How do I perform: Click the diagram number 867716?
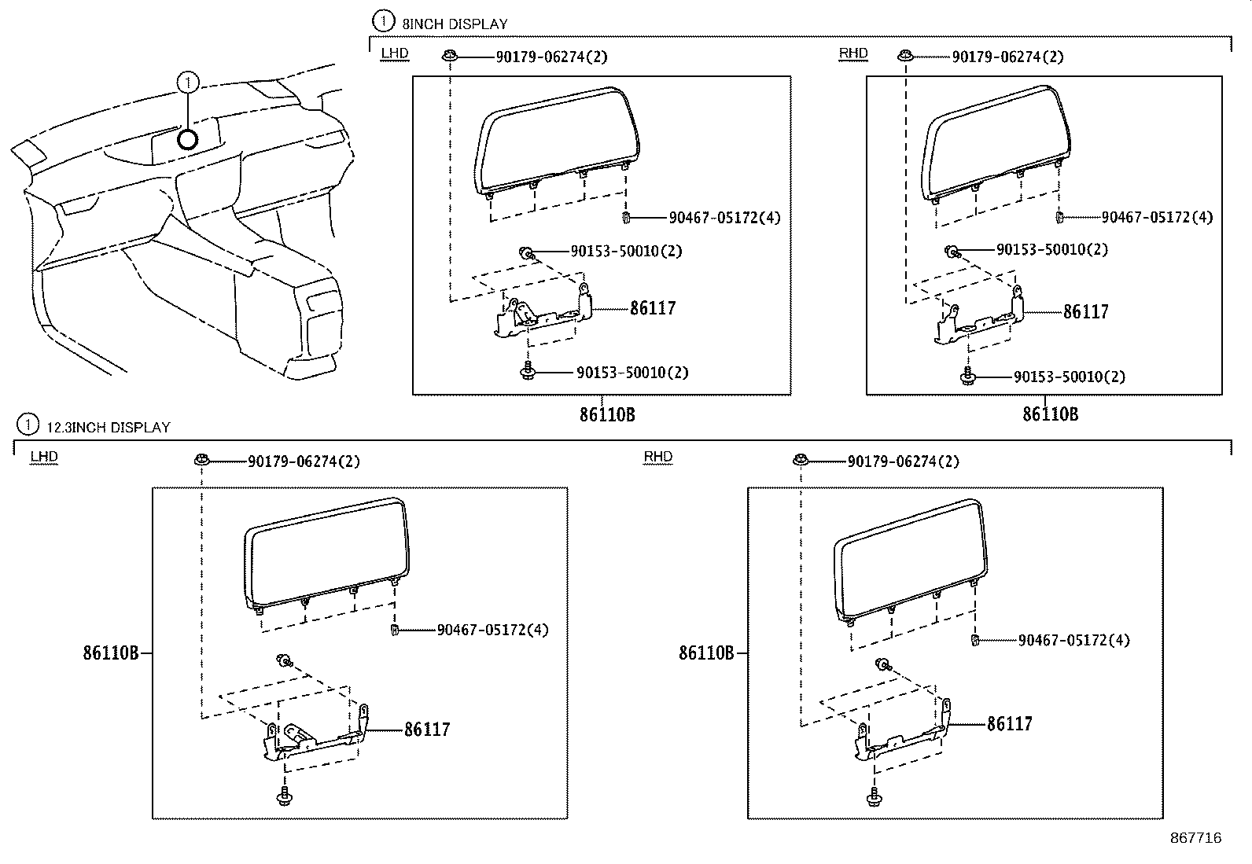pyautogui.click(x=1195, y=838)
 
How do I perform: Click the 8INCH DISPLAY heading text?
pyautogui.click(x=455, y=24)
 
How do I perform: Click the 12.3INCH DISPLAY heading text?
pyautogui.click(x=108, y=428)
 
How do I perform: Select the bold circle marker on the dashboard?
pyautogui.click(x=187, y=140)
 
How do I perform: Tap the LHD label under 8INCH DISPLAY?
pyautogui.click(x=394, y=53)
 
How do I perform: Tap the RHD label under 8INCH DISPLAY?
pyautogui.click(x=852, y=53)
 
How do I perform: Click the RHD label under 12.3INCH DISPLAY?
pyautogui.click(x=657, y=457)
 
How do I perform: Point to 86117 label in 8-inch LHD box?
pyautogui.click(x=652, y=308)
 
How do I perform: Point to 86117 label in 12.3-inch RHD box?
pyautogui.click(x=1009, y=723)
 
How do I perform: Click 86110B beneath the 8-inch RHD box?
pyautogui.click(x=1050, y=414)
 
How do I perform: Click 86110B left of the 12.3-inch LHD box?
pyautogui.click(x=111, y=653)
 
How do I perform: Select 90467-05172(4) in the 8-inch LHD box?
pyautogui.click(x=724, y=218)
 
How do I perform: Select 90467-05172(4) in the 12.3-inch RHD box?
pyautogui.click(x=1073, y=640)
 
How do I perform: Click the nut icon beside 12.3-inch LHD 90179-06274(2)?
pyautogui.click(x=202, y=459)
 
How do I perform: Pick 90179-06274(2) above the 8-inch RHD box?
pyautogui.click(x=1007, y=57)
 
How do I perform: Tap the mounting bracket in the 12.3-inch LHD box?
pyautogui.click(x=315, y=739)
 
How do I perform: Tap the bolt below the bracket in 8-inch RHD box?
pyautogui.click(x=967, y=377)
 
